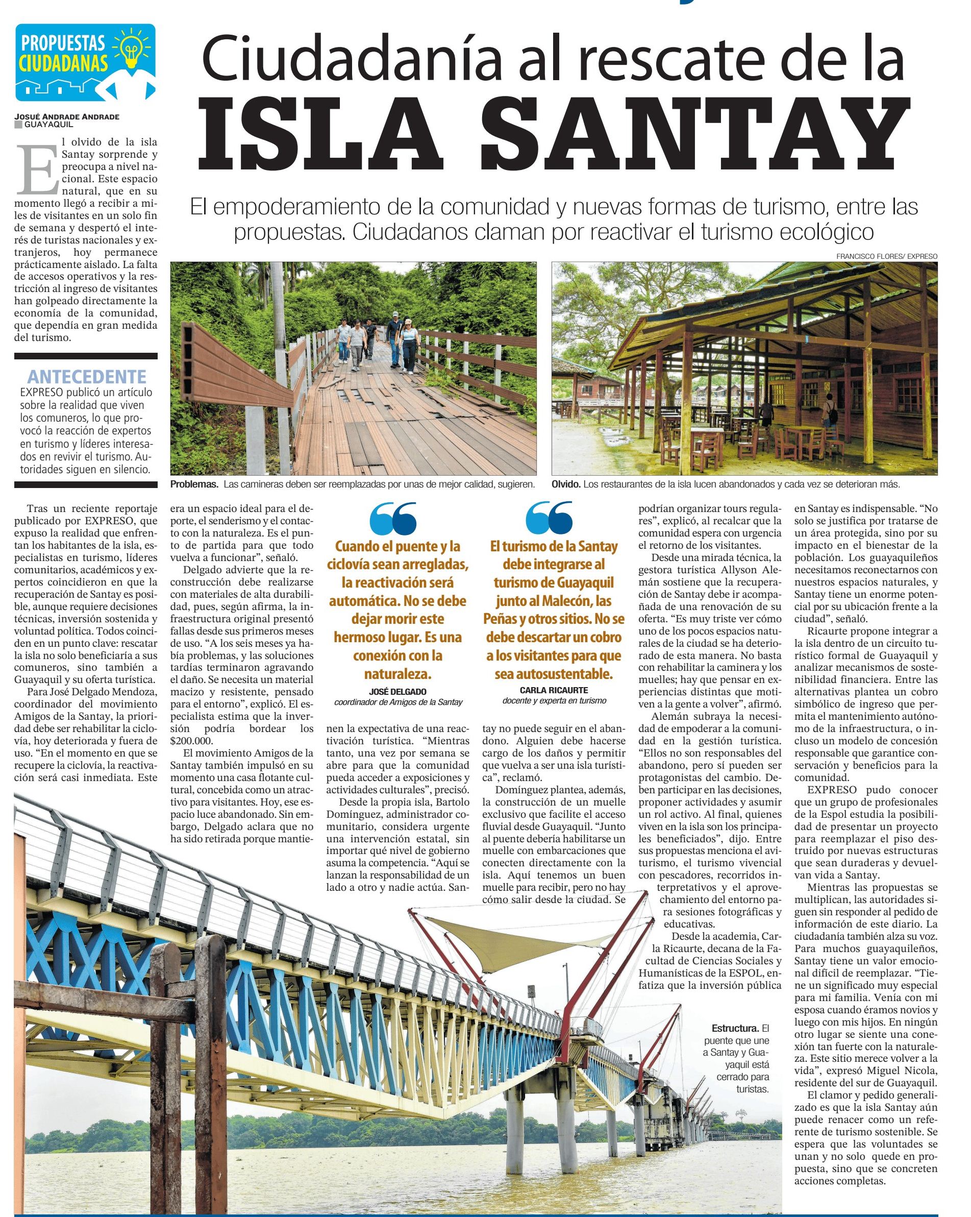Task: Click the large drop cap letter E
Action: [37, 168]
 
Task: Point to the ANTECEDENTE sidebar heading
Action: [87, 377]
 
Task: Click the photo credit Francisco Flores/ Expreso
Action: [886, 256]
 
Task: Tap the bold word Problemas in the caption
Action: [194, 484]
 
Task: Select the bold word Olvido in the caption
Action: [565, 484]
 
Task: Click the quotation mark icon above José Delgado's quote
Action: [393, 518]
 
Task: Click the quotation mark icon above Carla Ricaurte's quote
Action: [549, 518]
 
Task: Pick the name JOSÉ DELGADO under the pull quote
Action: [398, 692]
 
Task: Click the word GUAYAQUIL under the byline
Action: [48, 124]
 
